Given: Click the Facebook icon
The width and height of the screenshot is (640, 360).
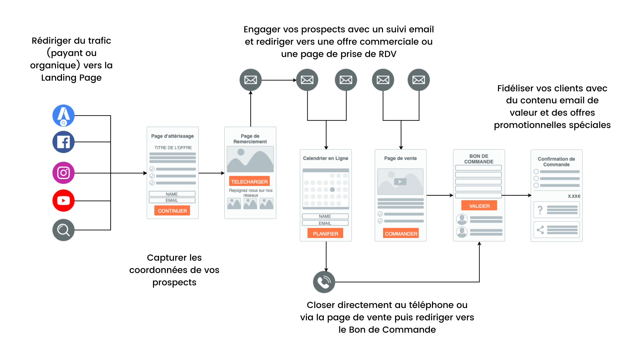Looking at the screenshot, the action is [x=63, y=142].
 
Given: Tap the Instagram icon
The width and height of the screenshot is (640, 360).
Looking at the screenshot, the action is [x=63, y=173].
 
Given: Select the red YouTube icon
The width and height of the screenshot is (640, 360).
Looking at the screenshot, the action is [x=63, y=201].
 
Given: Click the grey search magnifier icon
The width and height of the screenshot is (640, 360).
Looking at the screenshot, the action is [x=63, y=230].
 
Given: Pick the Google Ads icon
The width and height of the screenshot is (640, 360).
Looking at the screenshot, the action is [x=63, y=116].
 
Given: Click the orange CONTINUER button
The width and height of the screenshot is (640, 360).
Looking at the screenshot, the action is [x=172, y=211].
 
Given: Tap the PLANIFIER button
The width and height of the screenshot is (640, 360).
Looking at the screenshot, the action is [x=325, y=233].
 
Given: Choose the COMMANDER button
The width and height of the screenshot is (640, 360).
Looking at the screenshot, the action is [x=401, y=233].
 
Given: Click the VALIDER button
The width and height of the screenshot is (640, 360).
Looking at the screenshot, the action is [x=479, y=206].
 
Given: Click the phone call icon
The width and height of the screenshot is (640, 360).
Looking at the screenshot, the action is [x=324, y=282].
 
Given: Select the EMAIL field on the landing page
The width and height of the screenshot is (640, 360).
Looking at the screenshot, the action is [x=172, y=200].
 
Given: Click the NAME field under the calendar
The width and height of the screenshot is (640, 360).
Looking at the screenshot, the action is [x=325, y=216].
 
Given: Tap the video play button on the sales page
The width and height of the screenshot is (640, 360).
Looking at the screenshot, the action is [x=400, y=182].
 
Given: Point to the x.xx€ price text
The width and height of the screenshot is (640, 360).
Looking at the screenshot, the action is [x=574, y=196].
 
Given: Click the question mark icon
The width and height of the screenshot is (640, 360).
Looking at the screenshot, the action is [x=540, y=210].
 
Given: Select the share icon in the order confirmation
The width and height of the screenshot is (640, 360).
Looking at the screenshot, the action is [x=540, y=230].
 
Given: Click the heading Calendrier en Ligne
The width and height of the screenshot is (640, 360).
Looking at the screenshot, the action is [x=326, y=158].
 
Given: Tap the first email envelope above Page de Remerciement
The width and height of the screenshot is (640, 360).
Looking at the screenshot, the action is [x=251, y=80].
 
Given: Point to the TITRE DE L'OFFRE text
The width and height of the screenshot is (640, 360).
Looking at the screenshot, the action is [x=173, y=148].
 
